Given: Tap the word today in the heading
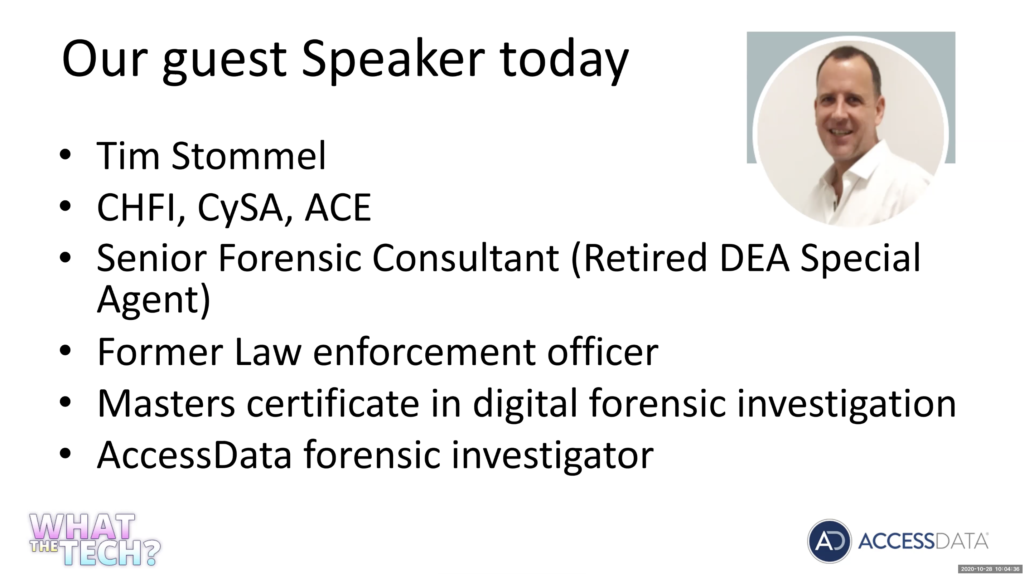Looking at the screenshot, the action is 564,61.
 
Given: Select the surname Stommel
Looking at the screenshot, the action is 248,156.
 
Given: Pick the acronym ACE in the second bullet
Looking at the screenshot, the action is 338,208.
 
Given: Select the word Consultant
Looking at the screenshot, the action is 465,258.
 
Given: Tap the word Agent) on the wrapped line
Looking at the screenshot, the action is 153,300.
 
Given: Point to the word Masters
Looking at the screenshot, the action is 166,404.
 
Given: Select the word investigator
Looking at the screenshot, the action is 552,456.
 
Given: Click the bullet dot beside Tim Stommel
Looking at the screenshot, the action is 65,155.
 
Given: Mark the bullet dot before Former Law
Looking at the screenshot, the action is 65,351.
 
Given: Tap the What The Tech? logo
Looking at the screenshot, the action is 95,539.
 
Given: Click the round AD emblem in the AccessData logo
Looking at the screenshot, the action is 829,541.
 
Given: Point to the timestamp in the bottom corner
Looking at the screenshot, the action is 989,569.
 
